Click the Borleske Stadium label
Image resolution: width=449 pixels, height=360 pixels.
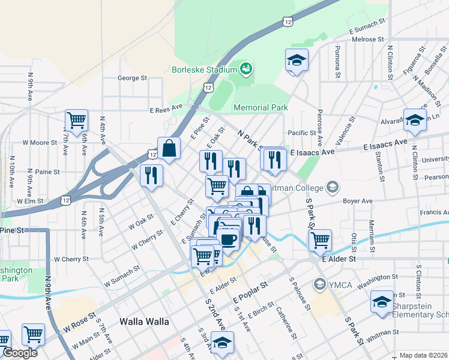204,70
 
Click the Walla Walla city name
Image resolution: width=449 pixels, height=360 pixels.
144,322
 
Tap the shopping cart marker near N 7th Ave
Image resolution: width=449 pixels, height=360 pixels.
76,120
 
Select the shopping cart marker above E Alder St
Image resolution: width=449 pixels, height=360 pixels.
321,240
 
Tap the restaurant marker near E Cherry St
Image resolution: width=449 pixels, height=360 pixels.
151,175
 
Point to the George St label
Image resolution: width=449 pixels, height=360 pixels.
132,78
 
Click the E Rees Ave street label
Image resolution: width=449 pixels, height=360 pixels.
166,110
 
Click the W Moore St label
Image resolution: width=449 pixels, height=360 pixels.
39,143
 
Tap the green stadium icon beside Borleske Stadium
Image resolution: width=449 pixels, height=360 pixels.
246,70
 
